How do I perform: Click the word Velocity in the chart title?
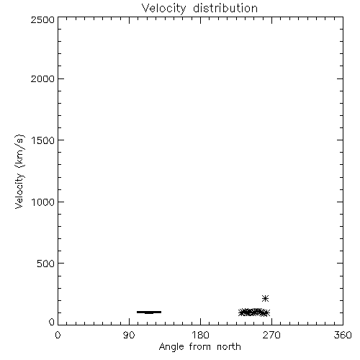point(164,9)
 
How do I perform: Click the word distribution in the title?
point(225,8)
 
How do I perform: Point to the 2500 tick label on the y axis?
point(42,19)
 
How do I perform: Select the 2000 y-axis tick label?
point(42,78)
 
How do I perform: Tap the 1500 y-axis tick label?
point(43,140)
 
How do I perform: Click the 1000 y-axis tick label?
point(43,202)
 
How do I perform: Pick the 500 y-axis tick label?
point(46,264)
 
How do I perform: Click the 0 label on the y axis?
point(52,322)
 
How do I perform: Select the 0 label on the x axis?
point(58,335)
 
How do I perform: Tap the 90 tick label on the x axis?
point(129,335)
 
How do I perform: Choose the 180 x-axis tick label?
point(200,335)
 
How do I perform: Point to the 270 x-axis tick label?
point(271,335)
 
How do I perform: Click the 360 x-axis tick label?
point(343,335)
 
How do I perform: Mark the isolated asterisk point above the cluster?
point(265,299)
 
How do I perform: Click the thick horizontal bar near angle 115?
point(149,312)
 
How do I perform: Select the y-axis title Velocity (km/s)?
point(19,171)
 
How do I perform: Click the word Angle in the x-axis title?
point(171,347)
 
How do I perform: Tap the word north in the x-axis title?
point(229,347)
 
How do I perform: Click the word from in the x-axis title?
point(201,347)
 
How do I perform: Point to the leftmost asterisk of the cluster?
point(242,312)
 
